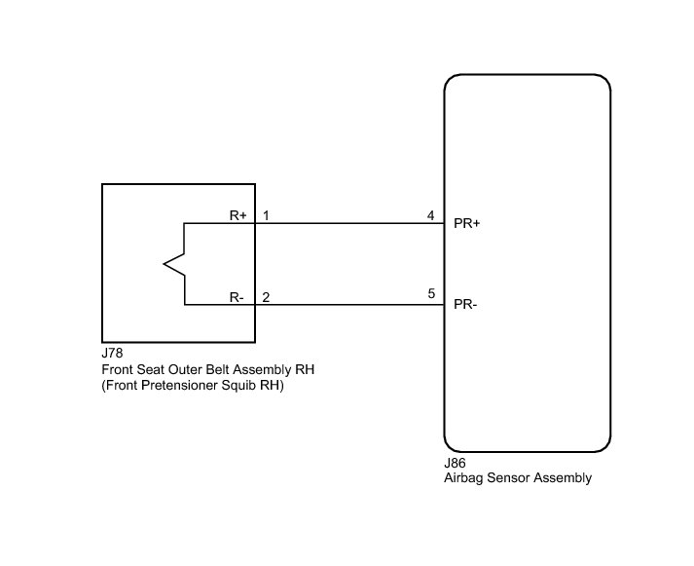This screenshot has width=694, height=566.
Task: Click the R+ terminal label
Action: click(237, 215)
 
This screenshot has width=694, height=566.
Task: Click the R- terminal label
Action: click(237, 297)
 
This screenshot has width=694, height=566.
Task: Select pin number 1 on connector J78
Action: click(266, 215)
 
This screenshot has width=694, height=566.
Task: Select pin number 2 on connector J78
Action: click(266, 297)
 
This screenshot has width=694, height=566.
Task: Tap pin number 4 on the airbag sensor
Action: click(430, 215)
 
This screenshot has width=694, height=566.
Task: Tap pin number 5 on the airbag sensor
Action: click(430, 293)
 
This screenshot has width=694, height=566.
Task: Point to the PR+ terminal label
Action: click(467, 223)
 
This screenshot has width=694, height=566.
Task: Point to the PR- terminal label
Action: click(465, 305)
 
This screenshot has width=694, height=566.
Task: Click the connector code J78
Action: click(112, 355)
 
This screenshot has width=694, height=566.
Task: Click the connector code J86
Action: click(455, 464)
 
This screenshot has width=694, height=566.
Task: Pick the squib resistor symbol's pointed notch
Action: click(167, 263)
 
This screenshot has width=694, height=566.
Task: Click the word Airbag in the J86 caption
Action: click(462, 478)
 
